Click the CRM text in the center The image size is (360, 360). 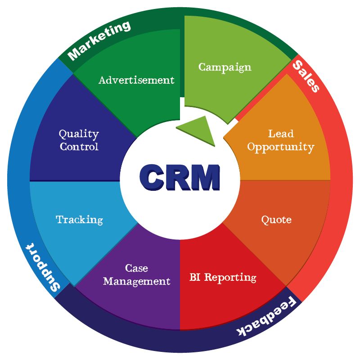click(x=180, y=177)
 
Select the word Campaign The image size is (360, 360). click(x=225, y=67)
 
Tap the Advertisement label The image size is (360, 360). click(x=136, y=80)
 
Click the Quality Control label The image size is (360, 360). click(x=79, y=140)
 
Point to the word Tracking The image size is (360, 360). click(x=79, y=220)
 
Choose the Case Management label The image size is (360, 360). click(x=136, y=275)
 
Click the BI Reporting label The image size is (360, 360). click(x=223, y=277)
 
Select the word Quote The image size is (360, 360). click(x=276, y=220)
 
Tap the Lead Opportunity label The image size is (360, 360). click(x=280, y=140)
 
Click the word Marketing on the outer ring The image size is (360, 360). click(x=99, y=40)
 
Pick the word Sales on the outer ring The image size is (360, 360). click(x=306, y=76)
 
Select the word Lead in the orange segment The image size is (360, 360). click(x=281, y=134)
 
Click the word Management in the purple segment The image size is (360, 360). click(x=136, y=282)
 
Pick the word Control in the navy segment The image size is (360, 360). click(x=79, y=147)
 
